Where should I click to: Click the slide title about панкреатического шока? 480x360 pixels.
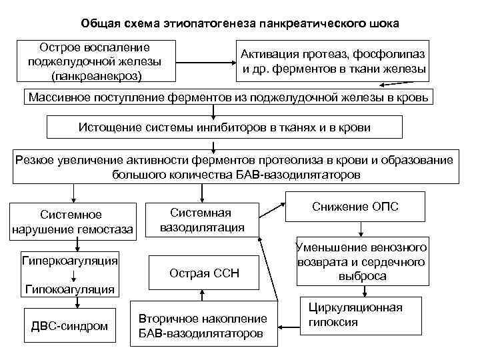point(240,24)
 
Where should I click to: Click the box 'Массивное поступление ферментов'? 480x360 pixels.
point(231,98)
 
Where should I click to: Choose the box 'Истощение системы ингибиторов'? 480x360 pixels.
point(225,127)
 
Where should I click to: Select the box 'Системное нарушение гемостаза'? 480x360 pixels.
point(72,222)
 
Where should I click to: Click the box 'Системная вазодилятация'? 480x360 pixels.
point(201,219)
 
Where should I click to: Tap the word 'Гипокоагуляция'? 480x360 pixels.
point(70,289)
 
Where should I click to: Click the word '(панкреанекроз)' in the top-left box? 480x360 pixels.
point(94,74)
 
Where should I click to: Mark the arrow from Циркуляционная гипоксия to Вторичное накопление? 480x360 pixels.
point(288,326)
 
